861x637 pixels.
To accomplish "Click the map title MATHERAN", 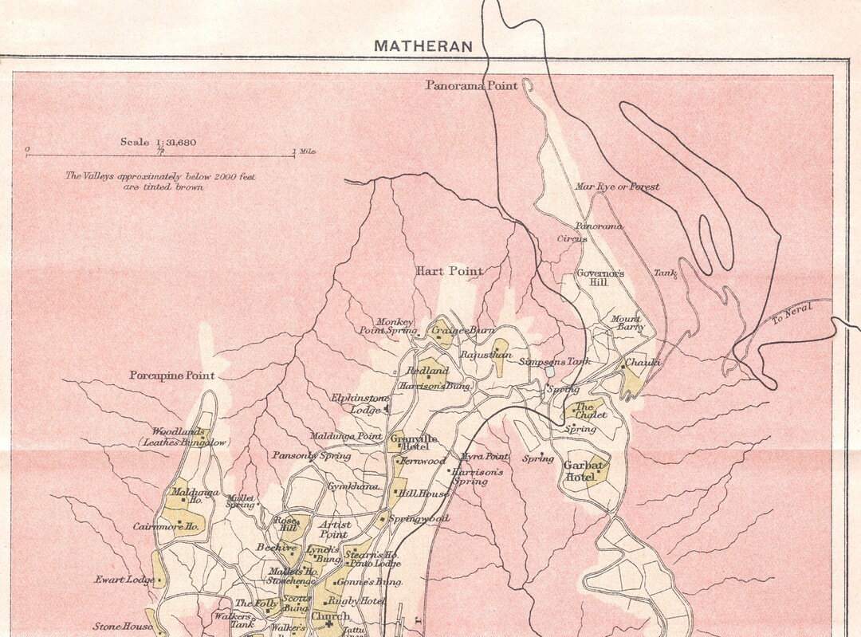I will [x=423, y=46].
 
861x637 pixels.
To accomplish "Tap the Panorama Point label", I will [x=471, y=85].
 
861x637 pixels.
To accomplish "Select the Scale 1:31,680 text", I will [x=159, y=142].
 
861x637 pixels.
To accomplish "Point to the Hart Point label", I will [x=449, y=271].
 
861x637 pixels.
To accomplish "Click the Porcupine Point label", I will [x=172, y=375].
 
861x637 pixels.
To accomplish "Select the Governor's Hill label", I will [x=600, y=277].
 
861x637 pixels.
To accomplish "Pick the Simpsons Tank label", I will [x=554, y=361].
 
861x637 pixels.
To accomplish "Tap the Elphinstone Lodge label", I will [x=360, y=403].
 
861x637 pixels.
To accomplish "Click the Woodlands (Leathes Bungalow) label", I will [x=184, y=436].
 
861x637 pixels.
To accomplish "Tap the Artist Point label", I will [x=335, y=529].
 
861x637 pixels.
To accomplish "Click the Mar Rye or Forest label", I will [x=617, y=187].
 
